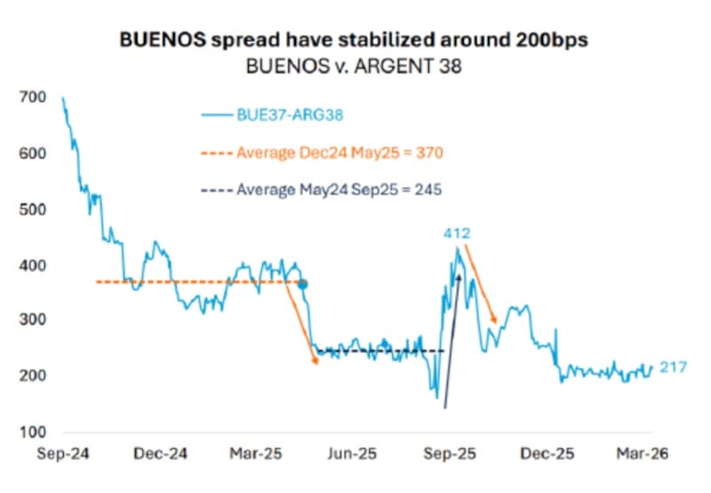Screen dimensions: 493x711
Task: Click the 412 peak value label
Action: click(x=458, y=233)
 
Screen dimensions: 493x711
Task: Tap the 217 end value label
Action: click(x=674, y=367)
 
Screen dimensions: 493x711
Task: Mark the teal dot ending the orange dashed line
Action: click(x=302, y=284)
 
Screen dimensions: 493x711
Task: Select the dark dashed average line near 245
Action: click(x=382, y=352)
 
